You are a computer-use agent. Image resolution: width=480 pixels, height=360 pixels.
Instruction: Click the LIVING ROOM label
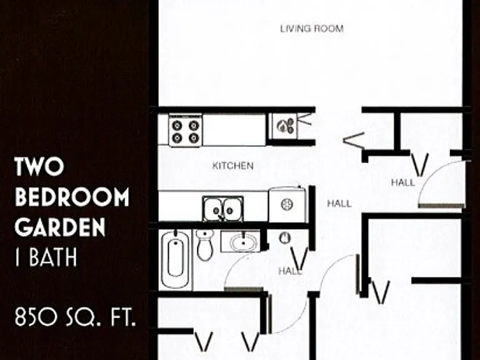click(x=312, y=29)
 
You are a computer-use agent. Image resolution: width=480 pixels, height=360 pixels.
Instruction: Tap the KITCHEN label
click(x=232, y=166)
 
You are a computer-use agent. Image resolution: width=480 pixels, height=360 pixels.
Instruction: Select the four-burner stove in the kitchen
click(x=186, y=131)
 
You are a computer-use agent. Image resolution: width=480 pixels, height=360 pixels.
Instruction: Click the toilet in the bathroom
click(x=205, y=244)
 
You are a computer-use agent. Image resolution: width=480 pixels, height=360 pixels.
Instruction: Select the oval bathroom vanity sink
click(x=243, y=242)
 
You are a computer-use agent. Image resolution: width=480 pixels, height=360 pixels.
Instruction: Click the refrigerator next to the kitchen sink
click(x=287, y=204)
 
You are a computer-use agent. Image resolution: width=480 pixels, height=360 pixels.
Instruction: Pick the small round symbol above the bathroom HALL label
click(x=285, y=238)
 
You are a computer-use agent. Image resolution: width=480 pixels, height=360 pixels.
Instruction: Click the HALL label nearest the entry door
click(x=403, y=182)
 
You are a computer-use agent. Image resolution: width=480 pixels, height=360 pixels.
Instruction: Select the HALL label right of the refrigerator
click(x=339, y=204)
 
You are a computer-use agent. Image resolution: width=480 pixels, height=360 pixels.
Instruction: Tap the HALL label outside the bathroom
click(x=289, y=271)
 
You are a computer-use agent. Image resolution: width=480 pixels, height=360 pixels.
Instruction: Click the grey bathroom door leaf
click(x=244, y=289)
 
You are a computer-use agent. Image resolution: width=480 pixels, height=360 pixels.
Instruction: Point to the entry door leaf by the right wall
click(x=441, y=206)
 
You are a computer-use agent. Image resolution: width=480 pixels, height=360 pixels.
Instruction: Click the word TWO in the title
click(x=39, y=166)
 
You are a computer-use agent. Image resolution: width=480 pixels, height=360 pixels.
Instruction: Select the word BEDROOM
click(x=72, y=197)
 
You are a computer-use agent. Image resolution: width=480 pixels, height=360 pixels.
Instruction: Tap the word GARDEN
click(x=60, y=227)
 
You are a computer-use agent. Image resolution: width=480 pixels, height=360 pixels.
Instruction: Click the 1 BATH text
click(x=46, y=257)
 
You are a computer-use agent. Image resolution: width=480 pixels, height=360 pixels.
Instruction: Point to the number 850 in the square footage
click(x=36, y=317)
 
